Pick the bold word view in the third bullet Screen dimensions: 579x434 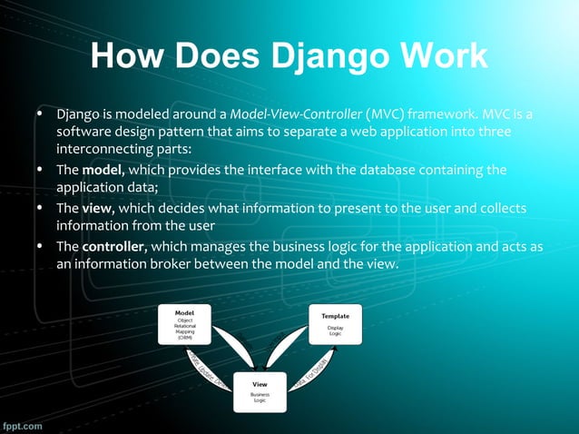(97, 208)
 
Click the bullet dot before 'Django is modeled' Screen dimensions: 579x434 (40, 115)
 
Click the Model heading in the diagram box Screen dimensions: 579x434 (185, 311)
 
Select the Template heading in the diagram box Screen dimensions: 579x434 (335, 315)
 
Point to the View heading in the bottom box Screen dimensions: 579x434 (260, 384)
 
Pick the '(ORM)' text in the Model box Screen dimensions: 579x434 (185, 338)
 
